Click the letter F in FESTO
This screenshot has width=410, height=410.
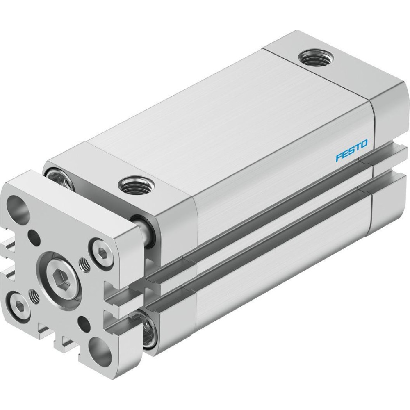tap(339, 158)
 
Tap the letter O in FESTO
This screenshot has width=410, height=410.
tap(364, 144)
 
